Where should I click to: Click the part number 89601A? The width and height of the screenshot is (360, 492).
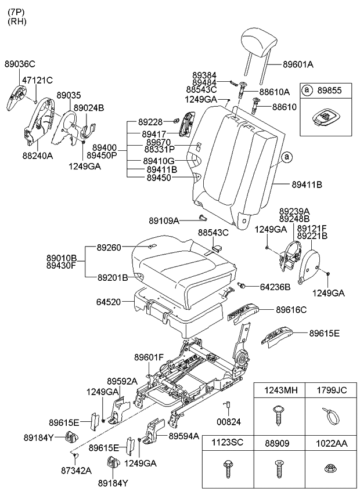tap(298, 64)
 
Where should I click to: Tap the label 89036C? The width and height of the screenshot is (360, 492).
tap(20, 64)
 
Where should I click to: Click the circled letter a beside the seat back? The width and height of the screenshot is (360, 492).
tap(286, 157)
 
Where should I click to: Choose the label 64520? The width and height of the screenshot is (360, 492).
tap(109, 302)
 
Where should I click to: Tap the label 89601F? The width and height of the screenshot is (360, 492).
tap(149, 357)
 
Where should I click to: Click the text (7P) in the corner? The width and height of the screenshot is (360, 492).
tap(16, 10)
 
